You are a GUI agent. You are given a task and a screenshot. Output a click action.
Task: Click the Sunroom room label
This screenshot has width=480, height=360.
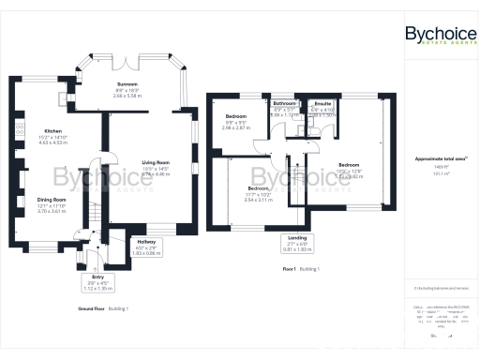126,82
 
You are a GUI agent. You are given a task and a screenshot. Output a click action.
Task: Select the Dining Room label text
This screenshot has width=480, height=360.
52,199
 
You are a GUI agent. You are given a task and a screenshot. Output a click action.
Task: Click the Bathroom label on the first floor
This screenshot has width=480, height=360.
285,105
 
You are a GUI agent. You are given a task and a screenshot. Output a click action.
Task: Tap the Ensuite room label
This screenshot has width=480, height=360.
322,104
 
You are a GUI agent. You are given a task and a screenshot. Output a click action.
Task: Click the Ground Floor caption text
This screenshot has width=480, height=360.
91,308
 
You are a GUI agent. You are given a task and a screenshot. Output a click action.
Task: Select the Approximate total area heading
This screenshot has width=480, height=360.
437,159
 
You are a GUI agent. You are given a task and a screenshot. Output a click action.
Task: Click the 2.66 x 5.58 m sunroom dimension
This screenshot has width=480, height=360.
126,96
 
